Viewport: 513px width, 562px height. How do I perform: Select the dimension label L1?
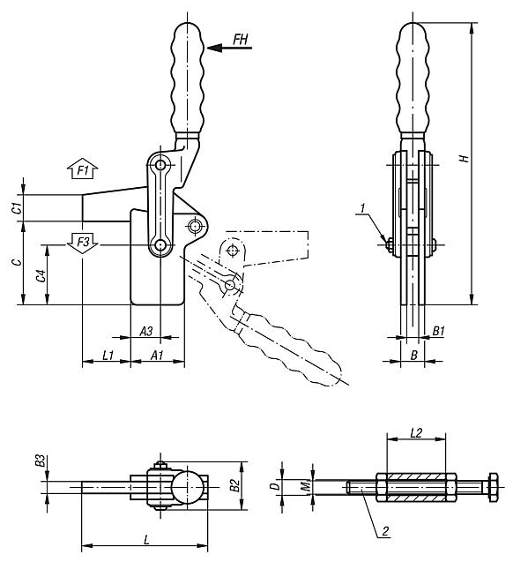(x=106, y=355)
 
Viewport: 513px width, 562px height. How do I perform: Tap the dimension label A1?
(x=156, y=355)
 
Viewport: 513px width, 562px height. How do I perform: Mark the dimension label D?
(x=276, y=486)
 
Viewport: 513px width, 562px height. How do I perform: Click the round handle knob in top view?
(x=186, y=486)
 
